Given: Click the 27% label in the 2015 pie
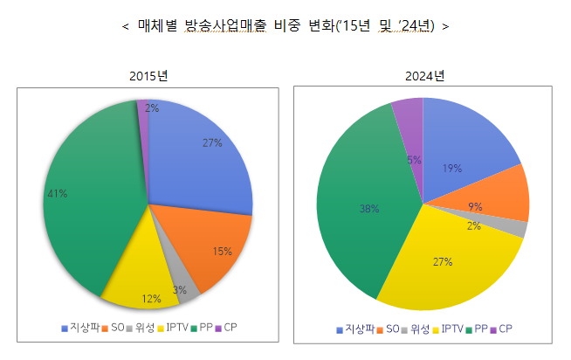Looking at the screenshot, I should coord(211,142).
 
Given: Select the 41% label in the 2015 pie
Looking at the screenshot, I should coord(57,193).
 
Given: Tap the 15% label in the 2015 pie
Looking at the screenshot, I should coord(222,252).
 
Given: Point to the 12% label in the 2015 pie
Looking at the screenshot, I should coord(151,299).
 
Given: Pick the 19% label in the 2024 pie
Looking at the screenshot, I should coord(452,169).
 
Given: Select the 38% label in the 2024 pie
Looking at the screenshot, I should coord(368,209).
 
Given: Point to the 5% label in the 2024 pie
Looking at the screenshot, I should coord(415,160).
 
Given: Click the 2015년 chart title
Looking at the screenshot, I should coord(148,76).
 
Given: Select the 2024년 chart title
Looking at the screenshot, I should coord(425,76).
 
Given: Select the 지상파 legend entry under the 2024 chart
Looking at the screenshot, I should coord(356,329).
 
